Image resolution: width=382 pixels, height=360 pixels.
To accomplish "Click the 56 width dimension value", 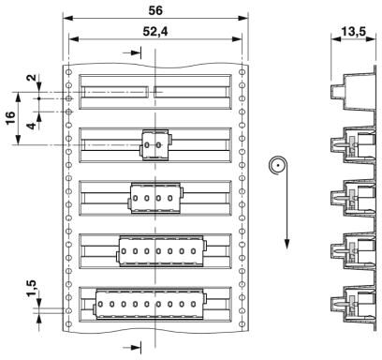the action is point(155,10).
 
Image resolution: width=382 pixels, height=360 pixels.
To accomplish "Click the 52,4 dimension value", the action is point(155,32).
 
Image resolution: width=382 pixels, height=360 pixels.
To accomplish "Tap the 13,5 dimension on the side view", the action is point(353,32).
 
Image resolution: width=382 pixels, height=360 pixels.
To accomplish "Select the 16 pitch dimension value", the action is point(10,118).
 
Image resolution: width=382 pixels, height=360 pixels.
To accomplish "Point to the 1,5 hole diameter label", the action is point(32,288).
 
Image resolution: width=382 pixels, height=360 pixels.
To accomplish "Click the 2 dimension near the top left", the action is point(32,78).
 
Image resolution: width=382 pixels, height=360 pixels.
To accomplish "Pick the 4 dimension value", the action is point(32,126).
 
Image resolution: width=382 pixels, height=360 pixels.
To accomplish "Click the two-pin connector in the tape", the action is point(155,145).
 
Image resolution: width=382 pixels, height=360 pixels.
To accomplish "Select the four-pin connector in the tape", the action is point(155,198).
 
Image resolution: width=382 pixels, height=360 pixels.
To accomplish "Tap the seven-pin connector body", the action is point(161,251).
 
